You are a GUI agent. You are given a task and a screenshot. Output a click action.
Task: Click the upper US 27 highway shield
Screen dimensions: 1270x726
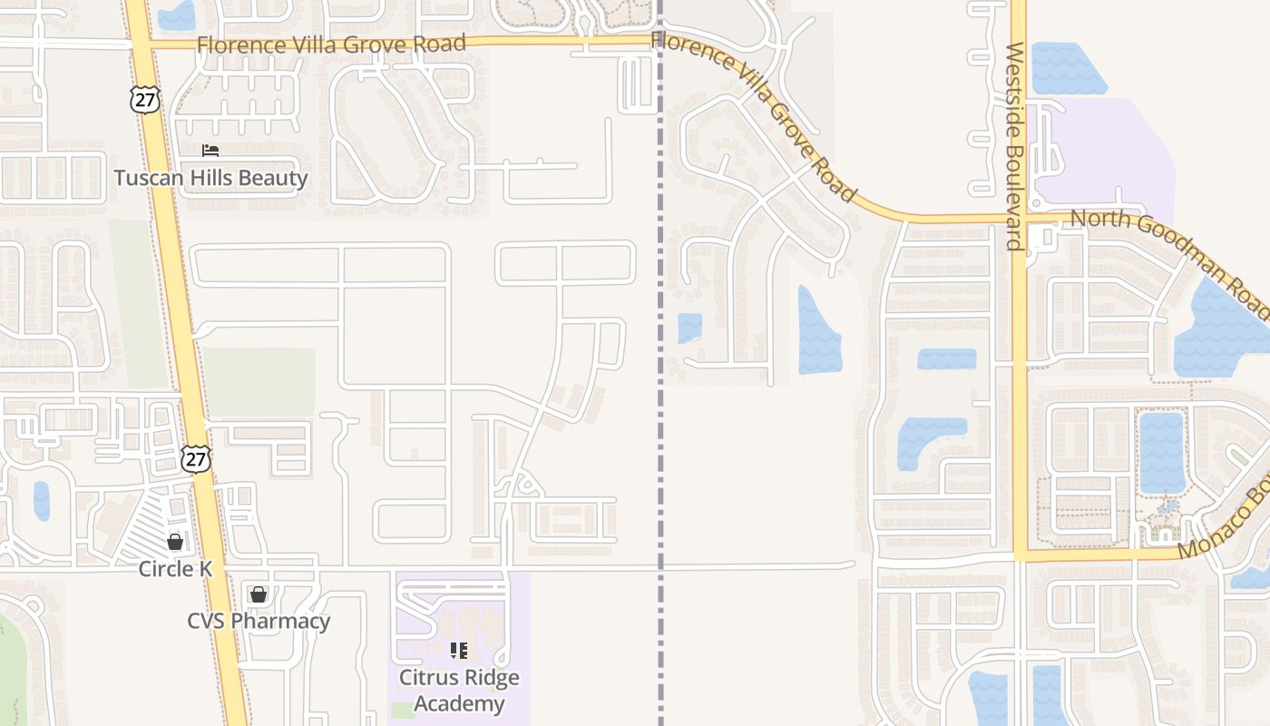(144, 99)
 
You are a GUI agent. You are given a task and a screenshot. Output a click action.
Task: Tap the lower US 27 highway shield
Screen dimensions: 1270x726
(195, 458)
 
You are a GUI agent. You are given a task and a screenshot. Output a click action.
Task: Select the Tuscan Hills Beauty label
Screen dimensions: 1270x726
(210, 178)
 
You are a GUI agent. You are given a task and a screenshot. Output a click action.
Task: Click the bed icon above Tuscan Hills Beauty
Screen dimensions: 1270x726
(210, 151)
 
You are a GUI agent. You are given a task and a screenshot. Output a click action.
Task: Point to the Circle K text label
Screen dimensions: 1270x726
(175, 569)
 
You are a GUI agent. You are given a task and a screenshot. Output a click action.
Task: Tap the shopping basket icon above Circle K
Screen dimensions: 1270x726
(175, 542)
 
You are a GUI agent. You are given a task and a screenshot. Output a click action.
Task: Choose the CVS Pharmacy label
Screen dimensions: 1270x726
(259, 622)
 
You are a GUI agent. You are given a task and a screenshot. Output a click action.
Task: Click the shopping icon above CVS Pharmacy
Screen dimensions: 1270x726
(259, 594)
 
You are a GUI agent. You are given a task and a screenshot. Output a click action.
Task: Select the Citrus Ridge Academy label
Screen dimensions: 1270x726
(460, 691)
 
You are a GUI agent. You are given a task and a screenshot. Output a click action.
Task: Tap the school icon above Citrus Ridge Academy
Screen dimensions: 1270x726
(459, 651)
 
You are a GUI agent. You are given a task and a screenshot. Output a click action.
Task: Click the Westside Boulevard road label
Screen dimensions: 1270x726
(1015, 145)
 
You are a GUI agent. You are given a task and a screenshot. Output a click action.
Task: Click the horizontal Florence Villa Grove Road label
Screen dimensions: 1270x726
(331, 44)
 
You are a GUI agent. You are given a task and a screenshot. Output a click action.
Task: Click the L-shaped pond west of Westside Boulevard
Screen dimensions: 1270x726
(925, 437)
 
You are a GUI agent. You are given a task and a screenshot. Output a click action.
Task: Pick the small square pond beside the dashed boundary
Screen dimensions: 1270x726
(689, 327)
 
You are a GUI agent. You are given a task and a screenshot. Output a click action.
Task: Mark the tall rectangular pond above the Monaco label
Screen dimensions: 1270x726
(1161, 452)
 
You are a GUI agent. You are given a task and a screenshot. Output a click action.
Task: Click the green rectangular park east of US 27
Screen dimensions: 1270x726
(259, 381)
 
